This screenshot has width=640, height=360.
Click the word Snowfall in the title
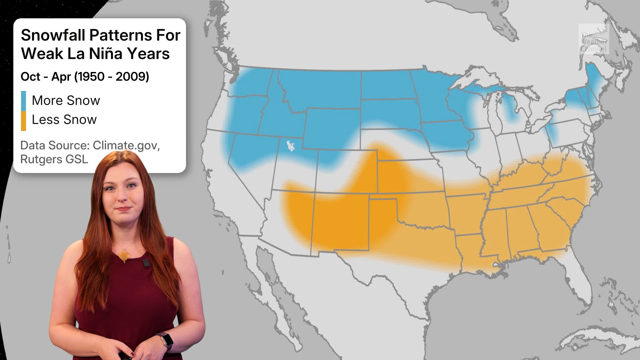click(x=53, y=35)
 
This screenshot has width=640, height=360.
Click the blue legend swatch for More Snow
click(x=23, y=101)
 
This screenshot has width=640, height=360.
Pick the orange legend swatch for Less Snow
click(x=23, y=120)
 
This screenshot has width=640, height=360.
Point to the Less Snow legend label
click(x=64, y=120)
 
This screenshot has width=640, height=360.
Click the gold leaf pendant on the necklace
click(x=124, y=256)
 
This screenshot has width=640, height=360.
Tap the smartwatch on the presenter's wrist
click(x=167, y=340)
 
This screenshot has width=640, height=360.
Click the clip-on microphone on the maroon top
click(x=146, y=263)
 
